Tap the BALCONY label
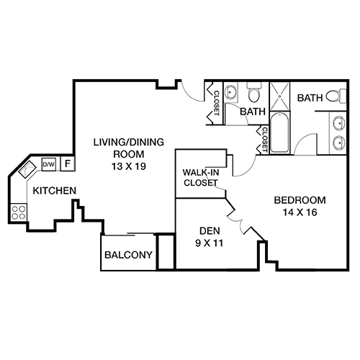[128, 255]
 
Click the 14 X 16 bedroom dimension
[300, 212]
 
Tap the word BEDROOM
[300, 200]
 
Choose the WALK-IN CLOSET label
[202, 177]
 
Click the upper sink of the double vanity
[340, 122]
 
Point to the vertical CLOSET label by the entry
[215, 101]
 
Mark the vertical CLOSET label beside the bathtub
[265, 139]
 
